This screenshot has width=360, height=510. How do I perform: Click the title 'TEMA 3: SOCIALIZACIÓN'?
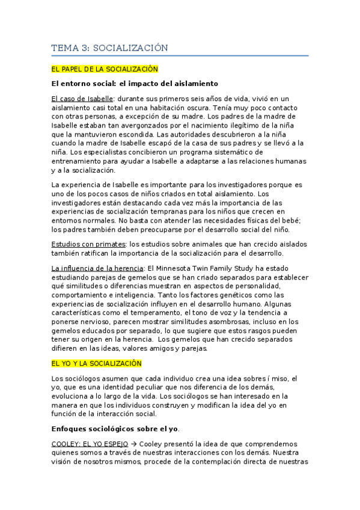pos(109,48)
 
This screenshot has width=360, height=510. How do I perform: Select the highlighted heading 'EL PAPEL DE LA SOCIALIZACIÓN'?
pos(105,70)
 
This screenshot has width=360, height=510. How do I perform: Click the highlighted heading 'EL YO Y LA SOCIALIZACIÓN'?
pos(97,363)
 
